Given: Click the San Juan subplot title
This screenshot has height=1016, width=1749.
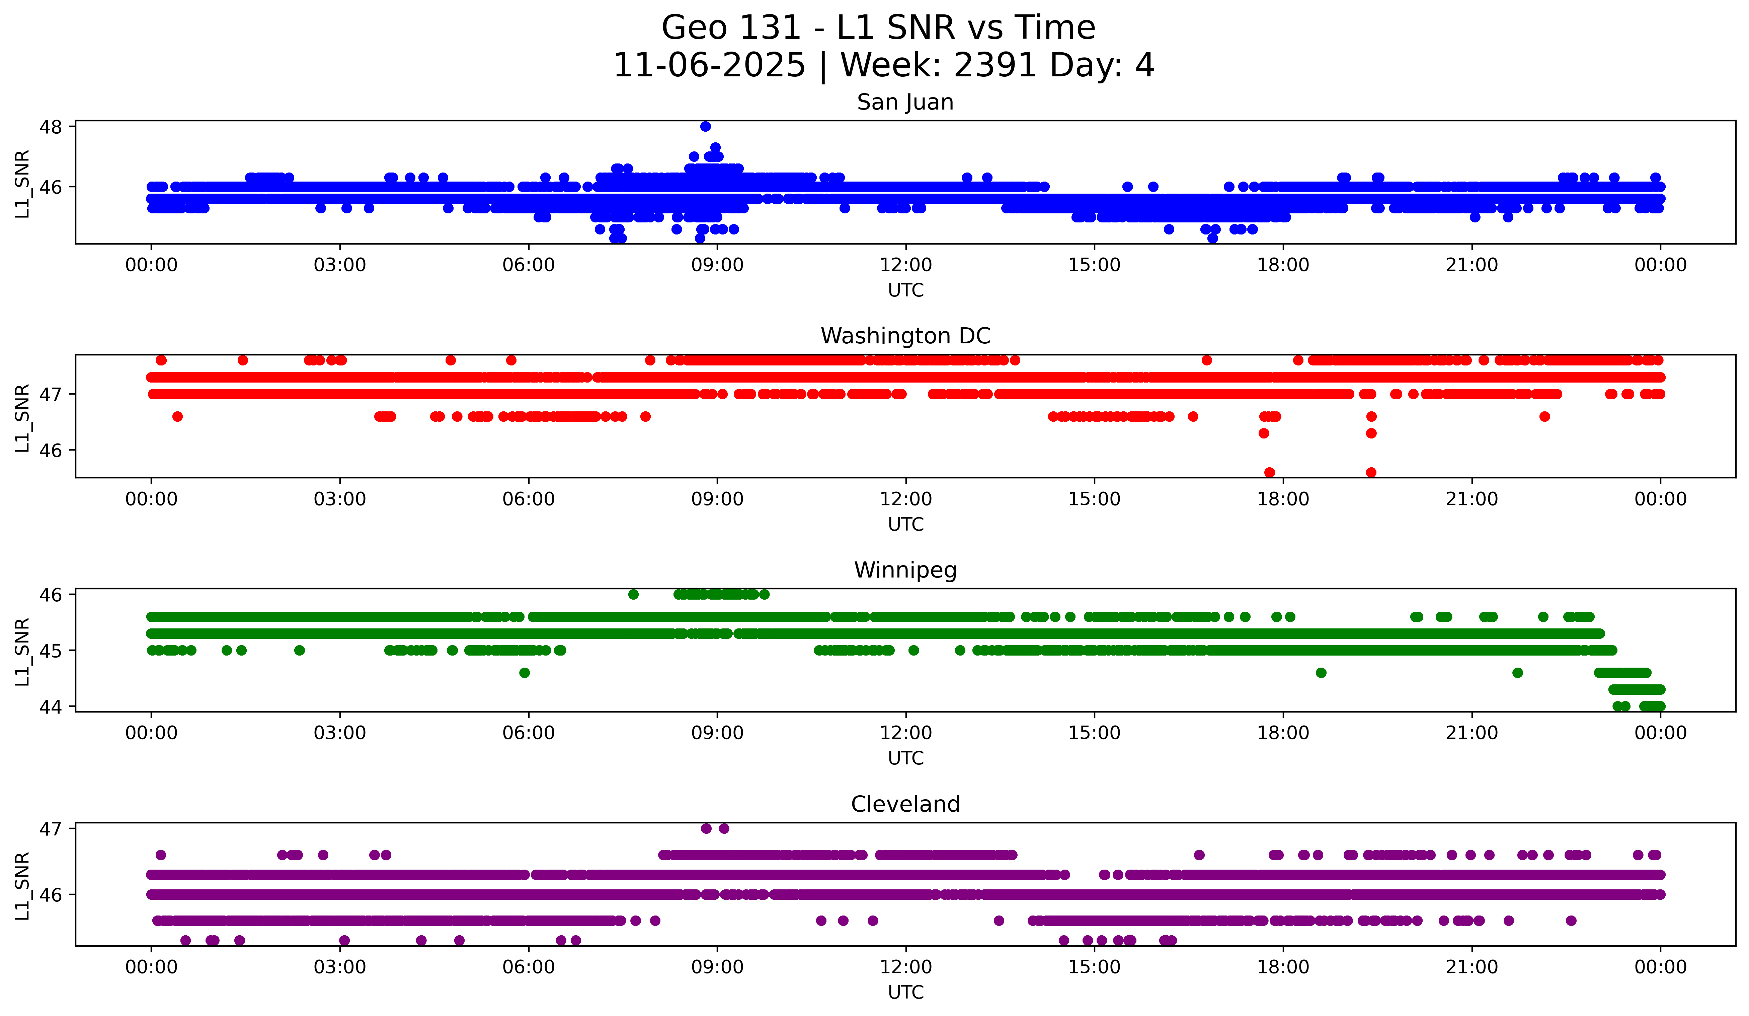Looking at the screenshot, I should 905,102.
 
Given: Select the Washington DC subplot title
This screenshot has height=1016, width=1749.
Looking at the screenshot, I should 905,336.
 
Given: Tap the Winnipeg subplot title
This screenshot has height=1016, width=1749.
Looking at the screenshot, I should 905,570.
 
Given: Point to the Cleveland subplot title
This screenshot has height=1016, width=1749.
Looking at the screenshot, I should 905,804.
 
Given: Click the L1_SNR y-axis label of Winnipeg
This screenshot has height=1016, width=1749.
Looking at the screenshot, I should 22,652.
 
